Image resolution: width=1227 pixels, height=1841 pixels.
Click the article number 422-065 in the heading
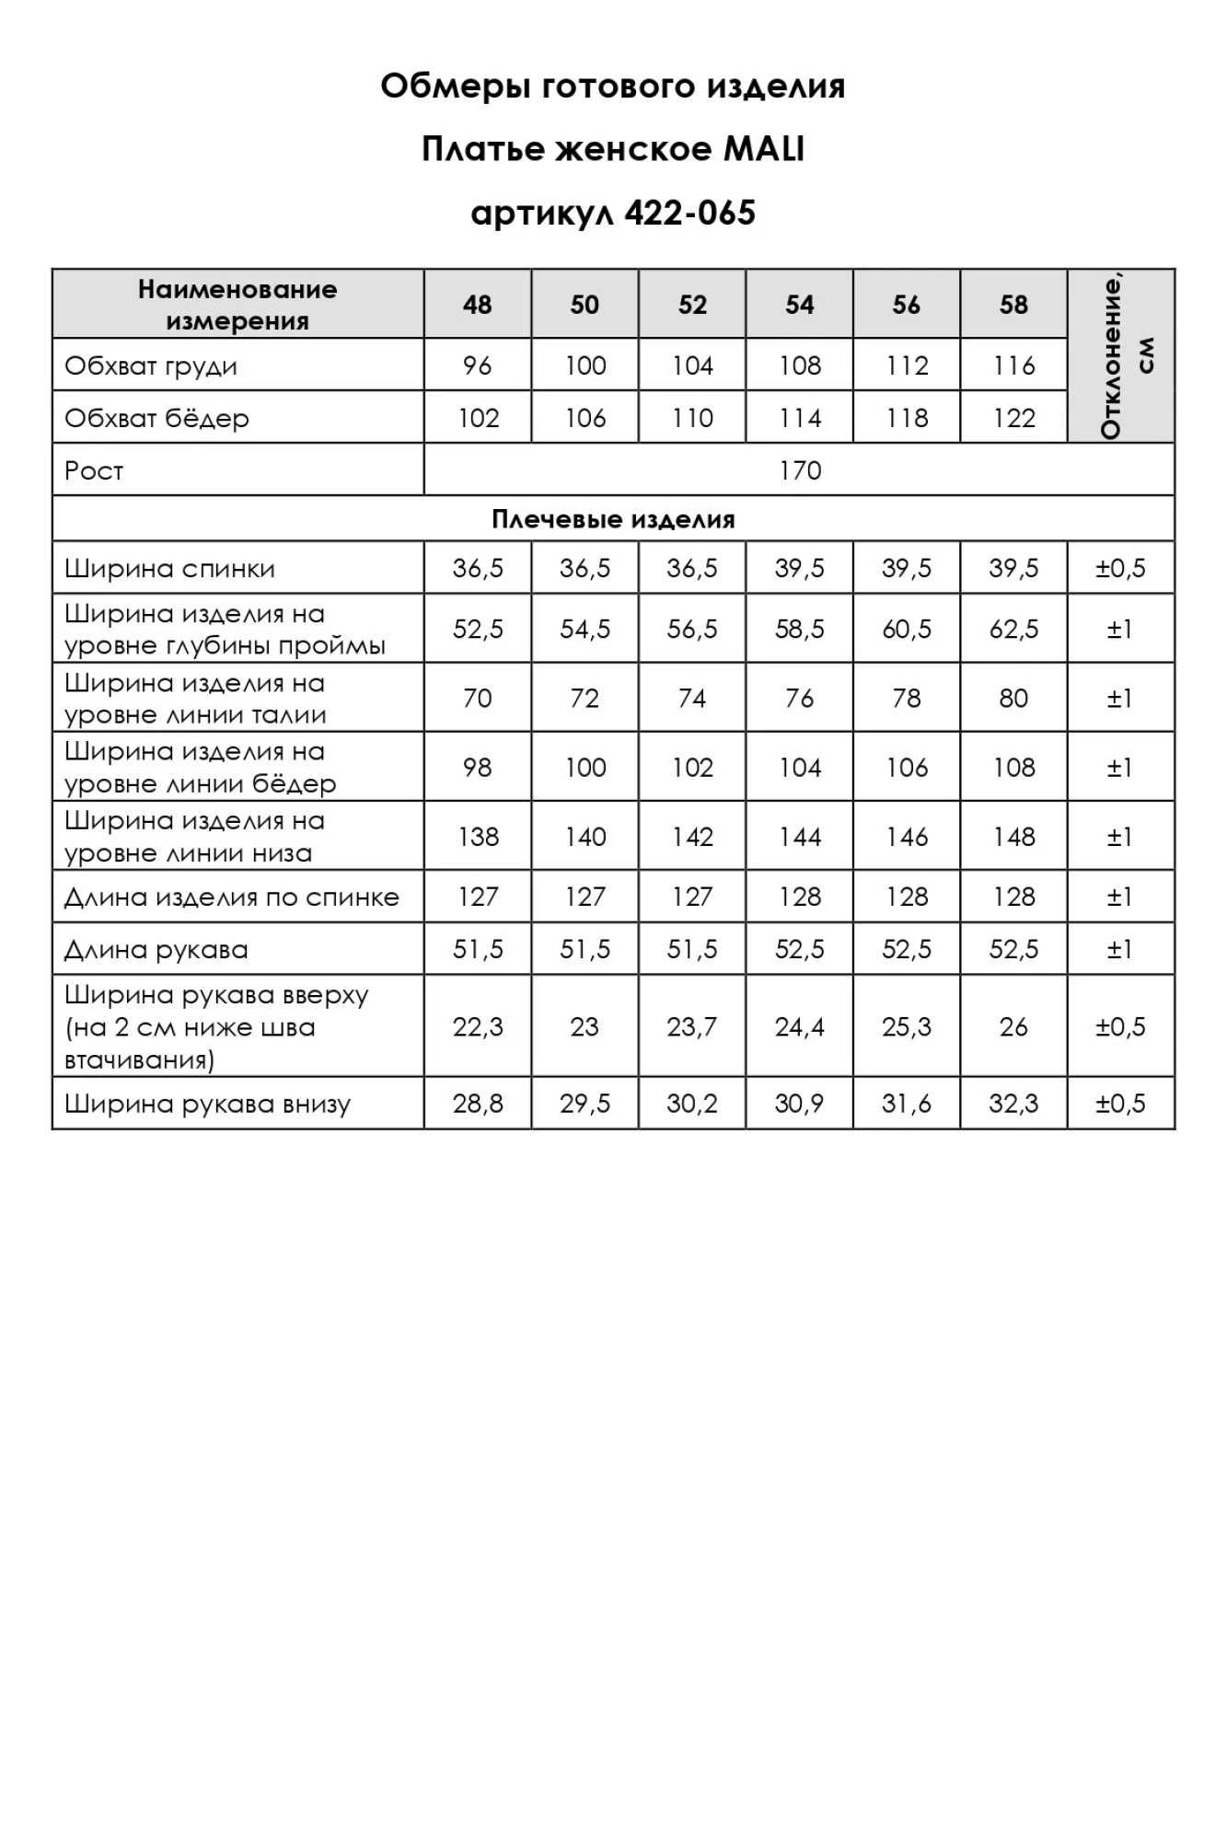point(689,213)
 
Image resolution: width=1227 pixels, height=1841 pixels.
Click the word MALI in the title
point(763,149)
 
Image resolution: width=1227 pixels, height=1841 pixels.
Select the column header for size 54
point(799,305)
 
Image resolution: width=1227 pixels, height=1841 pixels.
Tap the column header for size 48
point(477,305)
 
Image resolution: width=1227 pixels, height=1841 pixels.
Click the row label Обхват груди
point(151,366)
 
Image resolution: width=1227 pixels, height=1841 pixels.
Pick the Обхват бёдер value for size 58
point(1013,419)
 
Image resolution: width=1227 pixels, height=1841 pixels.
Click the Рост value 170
point(799,471)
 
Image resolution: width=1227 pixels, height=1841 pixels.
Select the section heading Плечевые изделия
point(613,520)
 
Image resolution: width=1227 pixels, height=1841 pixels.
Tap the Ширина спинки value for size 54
point(799,569)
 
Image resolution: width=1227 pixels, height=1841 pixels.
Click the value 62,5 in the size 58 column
point(1013,630)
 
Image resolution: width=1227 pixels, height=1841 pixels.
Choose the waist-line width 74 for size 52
point(692,699)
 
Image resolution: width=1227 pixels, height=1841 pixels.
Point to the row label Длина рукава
point(156,950)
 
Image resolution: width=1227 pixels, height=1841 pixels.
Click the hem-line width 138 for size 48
point(478,837)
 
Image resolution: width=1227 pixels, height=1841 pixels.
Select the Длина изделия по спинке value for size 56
point(907,897)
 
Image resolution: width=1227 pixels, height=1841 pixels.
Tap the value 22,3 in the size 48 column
point(478,1027)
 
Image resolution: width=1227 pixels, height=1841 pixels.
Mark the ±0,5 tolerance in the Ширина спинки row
point(1120,569)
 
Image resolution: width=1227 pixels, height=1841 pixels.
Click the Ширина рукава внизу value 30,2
point(692,1104)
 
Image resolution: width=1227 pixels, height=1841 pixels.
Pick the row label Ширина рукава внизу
point(208,1105)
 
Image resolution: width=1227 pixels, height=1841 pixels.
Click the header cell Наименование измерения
point(237,305)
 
